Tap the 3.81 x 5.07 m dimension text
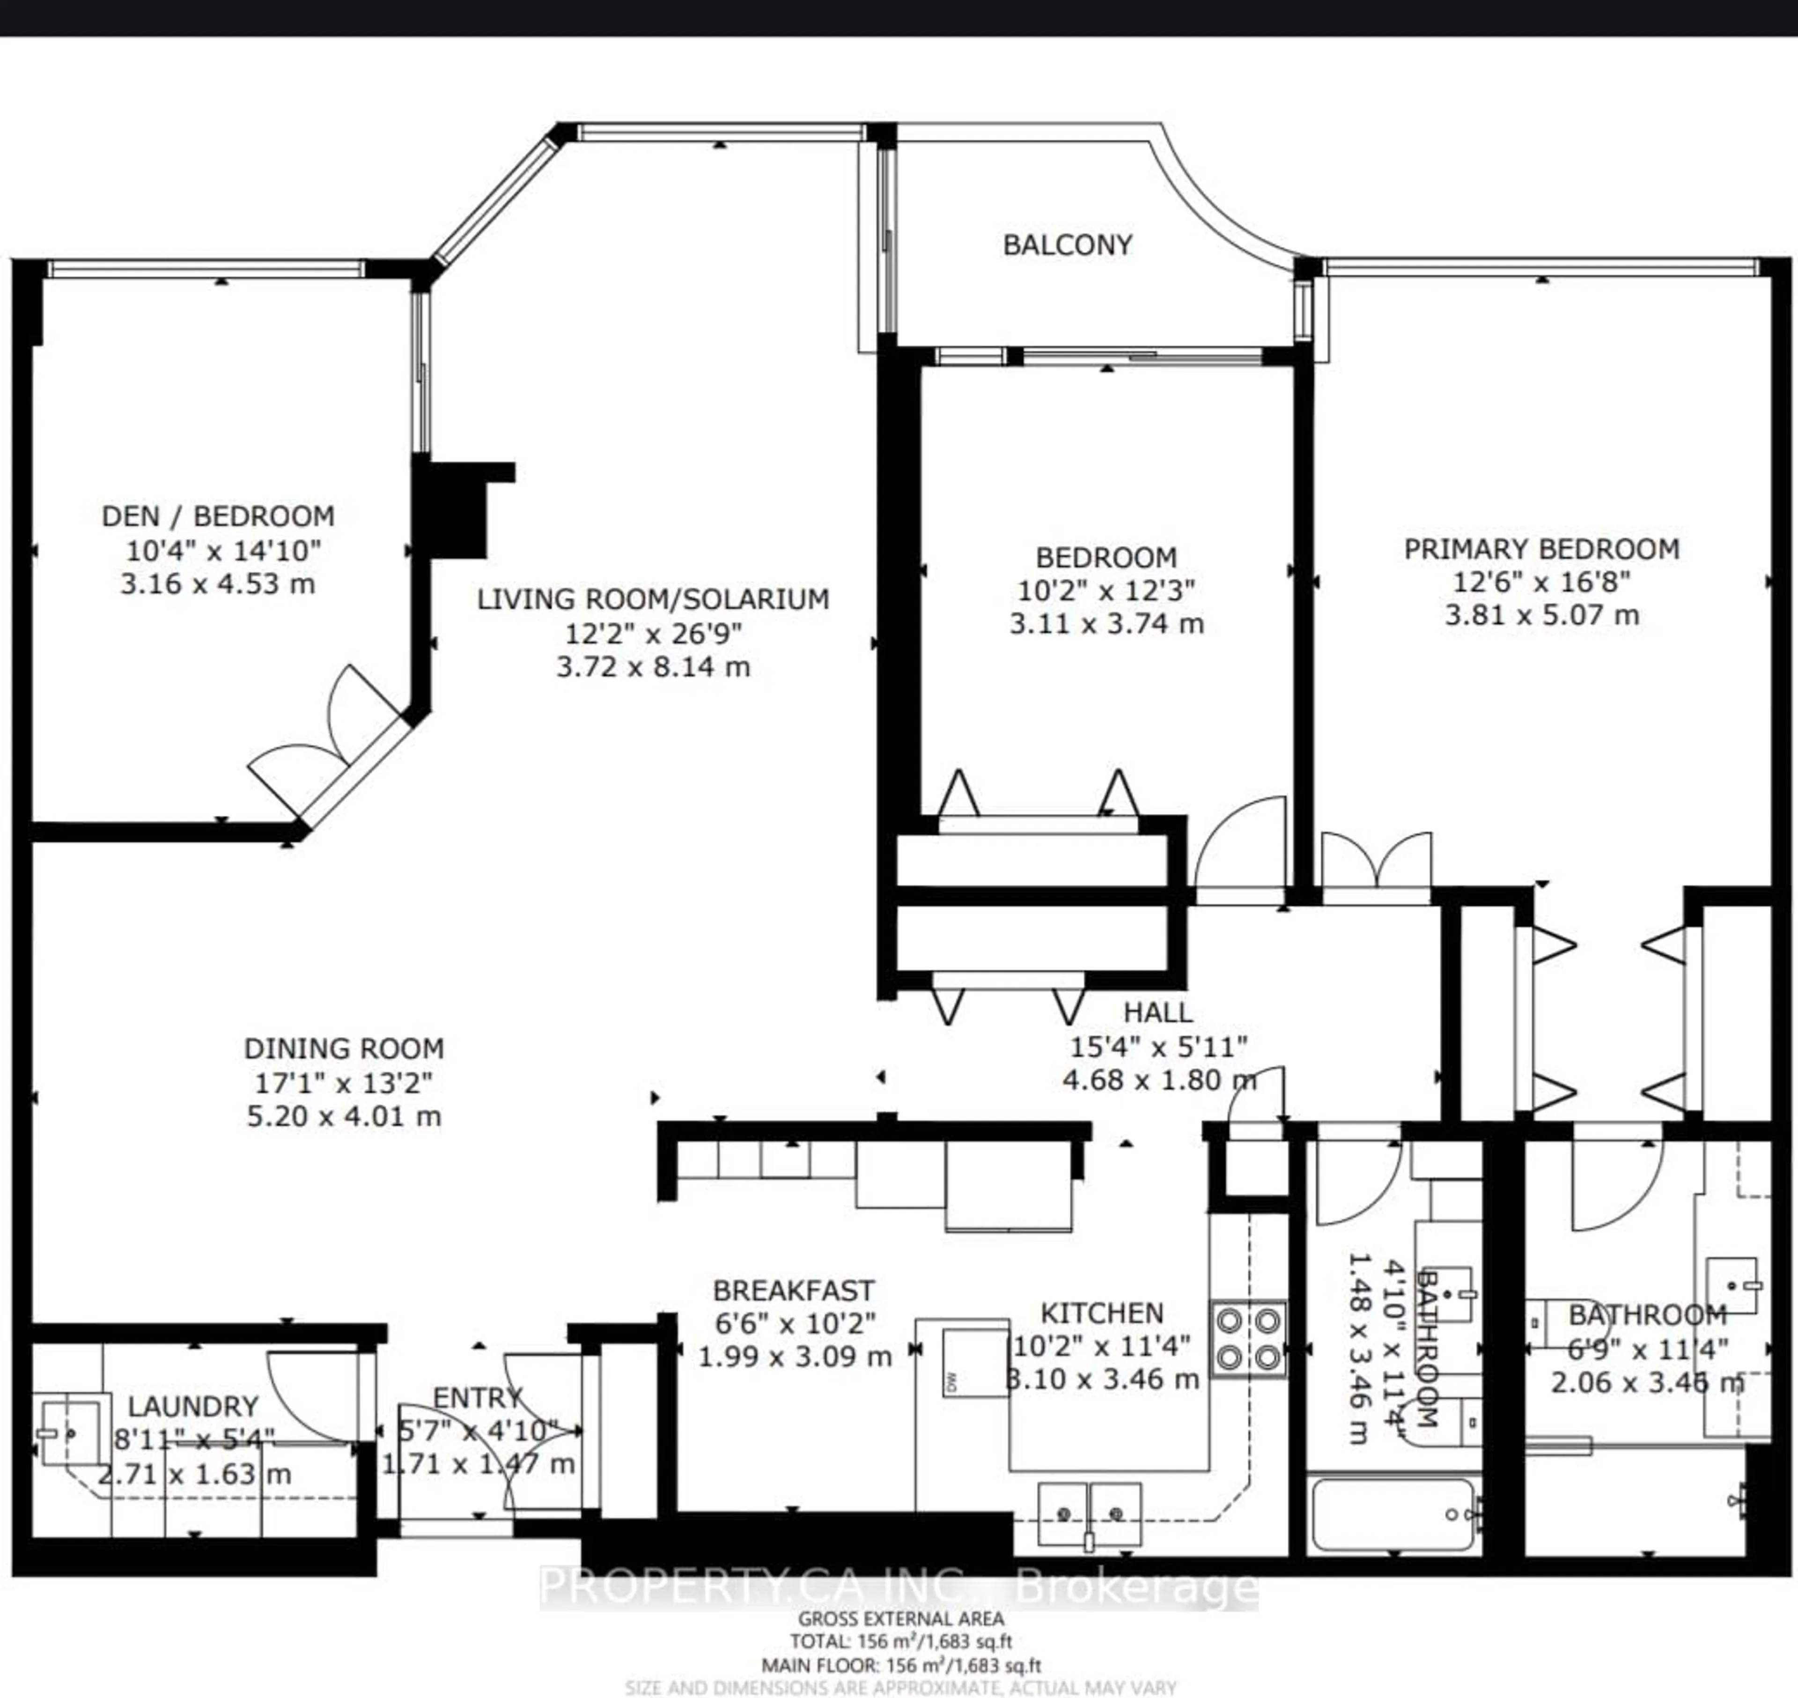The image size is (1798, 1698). coord(1541,615)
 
